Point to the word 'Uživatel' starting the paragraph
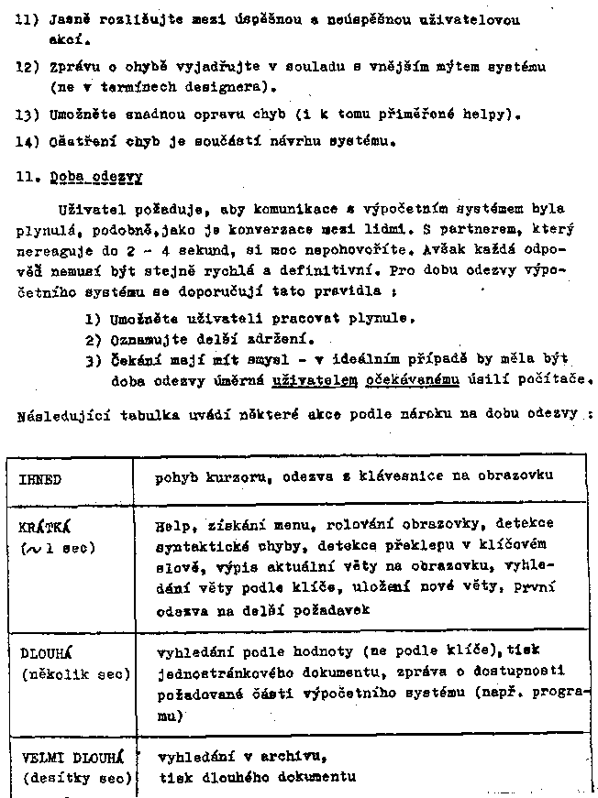click(x=88, y=210)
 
